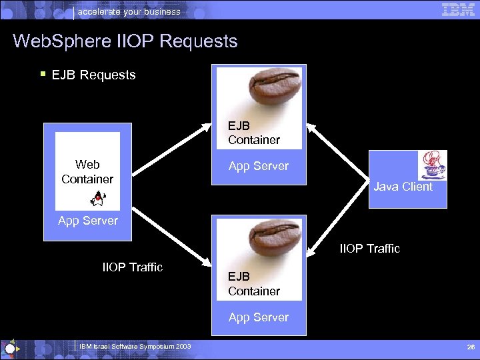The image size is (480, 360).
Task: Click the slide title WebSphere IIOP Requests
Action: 125,41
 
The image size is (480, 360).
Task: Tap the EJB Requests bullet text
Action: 93,75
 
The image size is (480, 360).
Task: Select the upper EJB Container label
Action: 253,133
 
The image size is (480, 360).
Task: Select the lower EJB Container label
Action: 253,283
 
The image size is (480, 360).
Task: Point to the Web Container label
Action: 87,171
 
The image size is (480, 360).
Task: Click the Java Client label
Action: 403,187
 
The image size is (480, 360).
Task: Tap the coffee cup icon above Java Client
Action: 432,165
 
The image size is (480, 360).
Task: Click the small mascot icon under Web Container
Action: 98,198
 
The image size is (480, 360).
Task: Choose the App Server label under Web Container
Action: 87,221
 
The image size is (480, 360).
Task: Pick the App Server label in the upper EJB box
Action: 259,166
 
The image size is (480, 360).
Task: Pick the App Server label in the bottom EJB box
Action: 259,317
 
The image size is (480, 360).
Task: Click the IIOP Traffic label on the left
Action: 132,267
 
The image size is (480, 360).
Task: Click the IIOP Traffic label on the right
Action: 370,249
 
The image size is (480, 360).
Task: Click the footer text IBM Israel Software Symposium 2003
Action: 135,346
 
